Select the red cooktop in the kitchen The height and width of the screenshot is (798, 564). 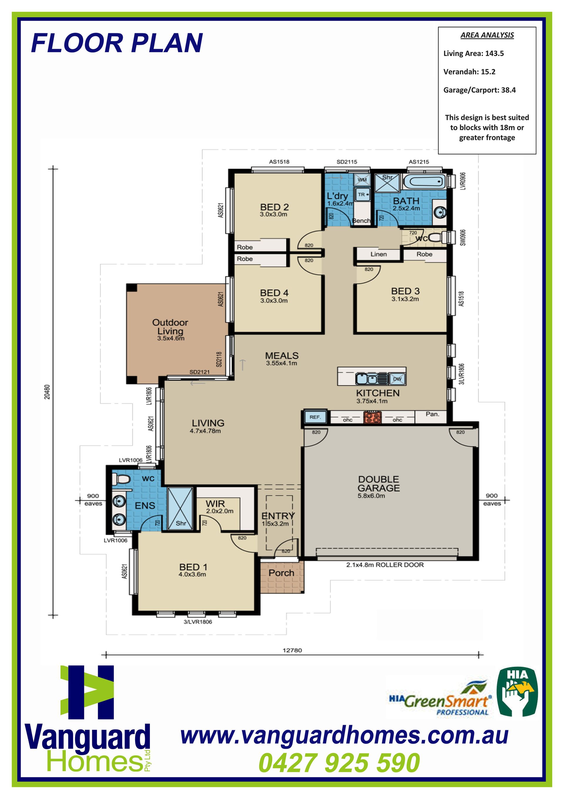[372, 417]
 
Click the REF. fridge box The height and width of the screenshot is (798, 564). [315, 417]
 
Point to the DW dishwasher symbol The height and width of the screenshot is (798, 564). [397, 379]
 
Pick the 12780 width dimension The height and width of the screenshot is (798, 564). [292, 650]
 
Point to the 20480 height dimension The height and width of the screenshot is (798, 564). [47, 392]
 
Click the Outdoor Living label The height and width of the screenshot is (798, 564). [170, 327]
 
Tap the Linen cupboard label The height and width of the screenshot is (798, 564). [378, 254]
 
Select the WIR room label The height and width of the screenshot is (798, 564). [215, 504]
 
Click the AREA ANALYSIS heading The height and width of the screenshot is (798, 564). [487, 35]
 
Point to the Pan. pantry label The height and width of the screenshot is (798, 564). [432, 414]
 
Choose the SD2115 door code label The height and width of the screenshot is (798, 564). [347, 162]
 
